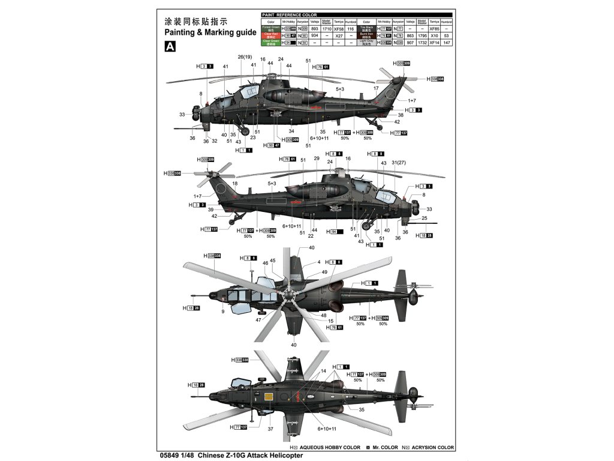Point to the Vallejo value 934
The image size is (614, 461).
pos(315,36)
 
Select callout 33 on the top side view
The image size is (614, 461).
pos(182,114)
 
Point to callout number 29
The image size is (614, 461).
pos(316,158)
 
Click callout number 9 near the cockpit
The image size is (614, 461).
pos(222,312)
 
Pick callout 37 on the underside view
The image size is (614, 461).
pos(270,429)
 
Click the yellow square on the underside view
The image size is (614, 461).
pos(269,396)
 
